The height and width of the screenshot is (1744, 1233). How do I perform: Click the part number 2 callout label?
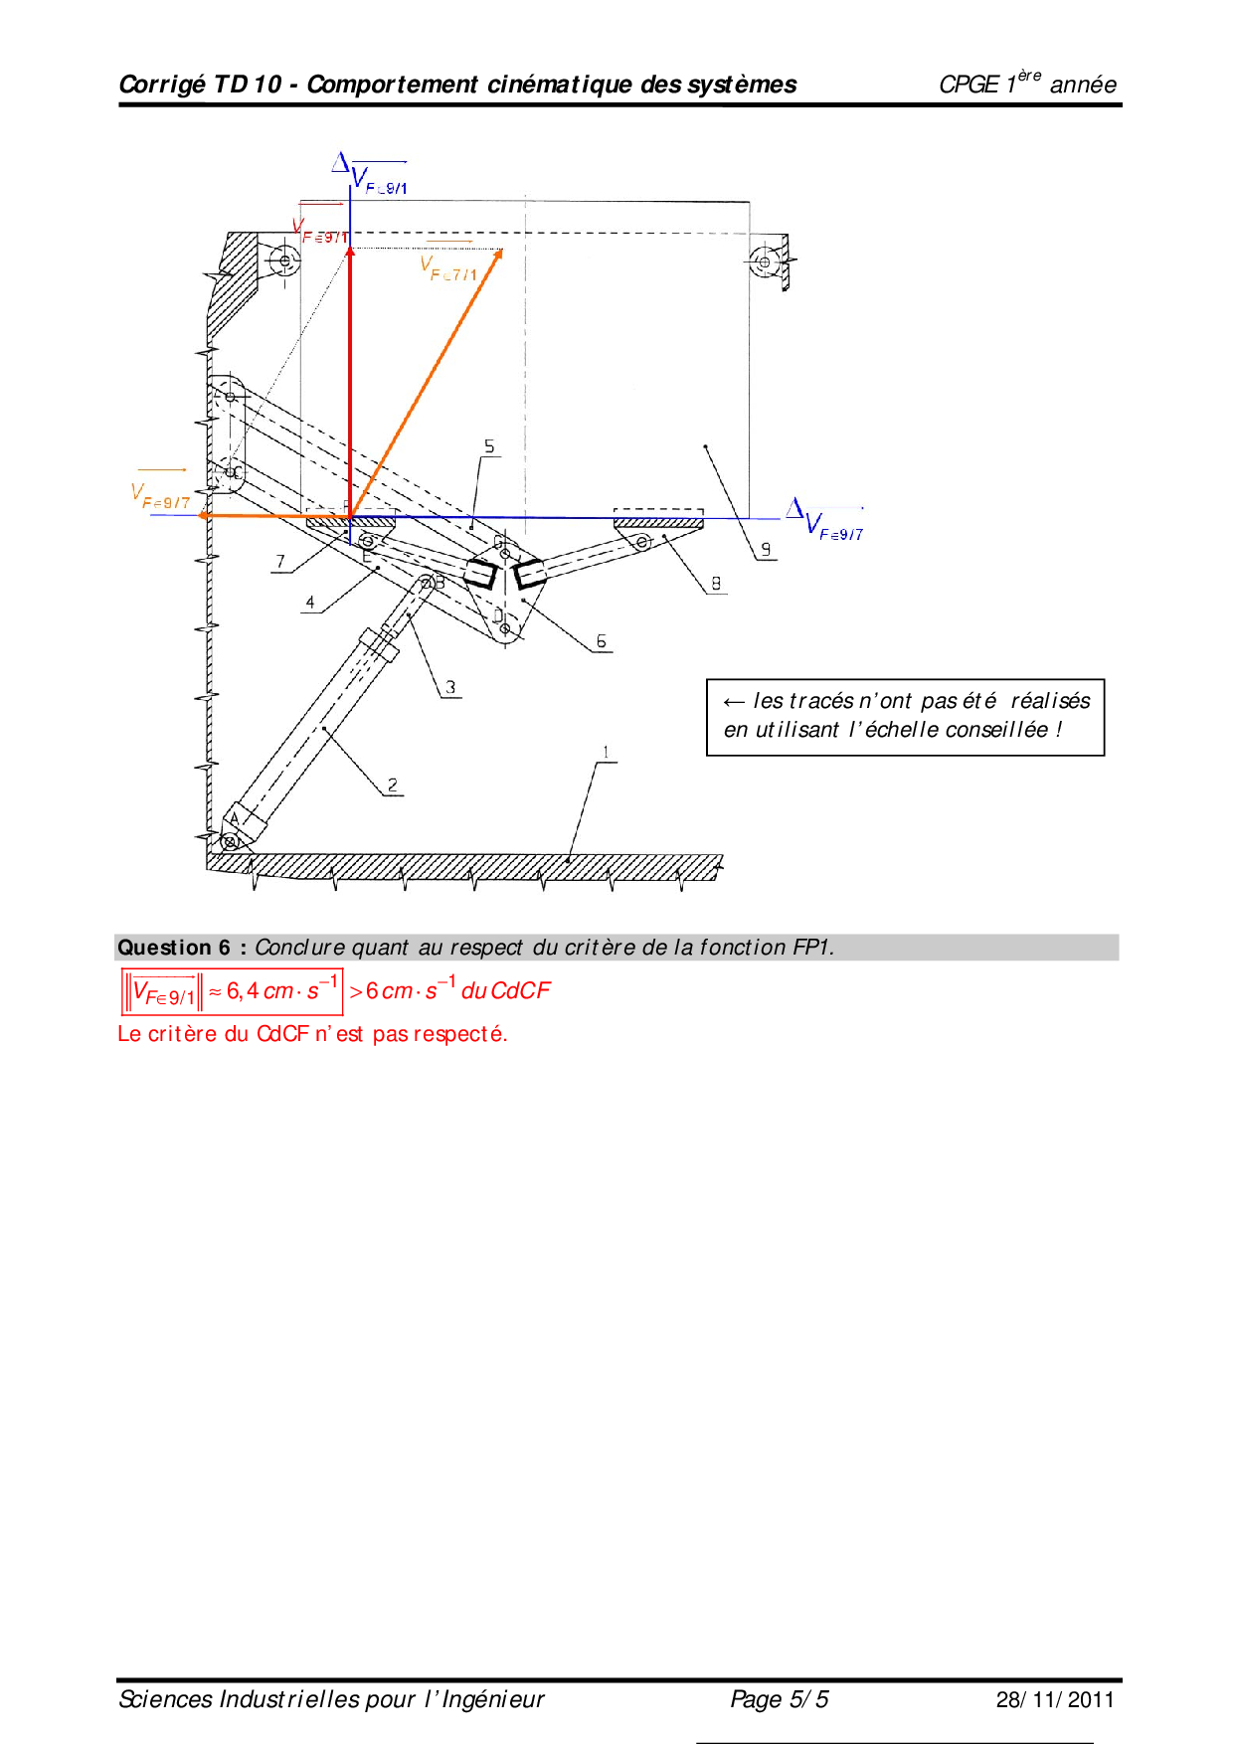[x=393, y=785]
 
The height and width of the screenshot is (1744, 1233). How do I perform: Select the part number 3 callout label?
[x=450, y=686]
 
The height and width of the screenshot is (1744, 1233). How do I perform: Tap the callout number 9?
[x=766, y=549]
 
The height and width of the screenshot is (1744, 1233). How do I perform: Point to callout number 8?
[x=716, y=583]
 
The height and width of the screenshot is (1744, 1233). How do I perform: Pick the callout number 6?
[x=601, y=641]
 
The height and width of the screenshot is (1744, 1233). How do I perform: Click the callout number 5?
[x=489, y=446]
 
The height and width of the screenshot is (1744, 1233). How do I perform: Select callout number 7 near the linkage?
[x=280, y=561]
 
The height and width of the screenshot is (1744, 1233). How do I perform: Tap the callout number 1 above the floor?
[x=606, y=753]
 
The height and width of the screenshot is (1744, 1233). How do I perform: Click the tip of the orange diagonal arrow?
[x=500, y=251]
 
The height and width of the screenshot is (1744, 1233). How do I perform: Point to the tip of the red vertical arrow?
[x=350, y=249]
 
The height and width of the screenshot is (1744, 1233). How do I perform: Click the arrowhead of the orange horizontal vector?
[x=203, y=515]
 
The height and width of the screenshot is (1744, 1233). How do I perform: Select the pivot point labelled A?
[x=231, y=842]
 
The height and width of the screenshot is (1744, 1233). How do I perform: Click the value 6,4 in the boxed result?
[x=242, y=990]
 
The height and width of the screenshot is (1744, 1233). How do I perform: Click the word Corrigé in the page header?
[x=161, y=85]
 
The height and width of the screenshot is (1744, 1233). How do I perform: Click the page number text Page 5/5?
[x=779, y=1699]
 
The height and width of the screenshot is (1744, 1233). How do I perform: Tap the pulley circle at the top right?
[x=764, y=262]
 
